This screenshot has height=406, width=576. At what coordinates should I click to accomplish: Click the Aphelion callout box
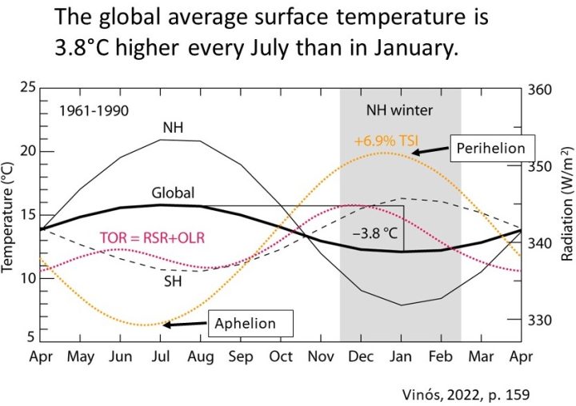244,324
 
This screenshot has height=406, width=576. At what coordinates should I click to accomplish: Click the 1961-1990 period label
94,111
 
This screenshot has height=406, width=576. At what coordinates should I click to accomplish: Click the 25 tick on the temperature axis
27,87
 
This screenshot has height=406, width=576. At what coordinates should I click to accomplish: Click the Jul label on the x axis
160,355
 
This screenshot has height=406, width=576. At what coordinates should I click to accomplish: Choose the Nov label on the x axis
320,355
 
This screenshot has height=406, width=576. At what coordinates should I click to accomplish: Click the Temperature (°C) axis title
10,214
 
